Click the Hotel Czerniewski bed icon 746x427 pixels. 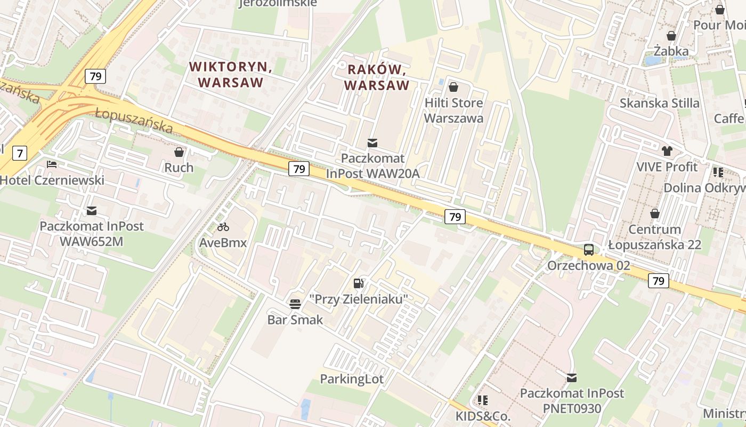[x=52, y=164]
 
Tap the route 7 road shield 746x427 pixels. [x=20, y=154]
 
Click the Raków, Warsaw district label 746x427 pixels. [x=377, y=77]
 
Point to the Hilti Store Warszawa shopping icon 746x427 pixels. [x=453, y=87]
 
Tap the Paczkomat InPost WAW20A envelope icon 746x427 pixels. [x=372, y=143]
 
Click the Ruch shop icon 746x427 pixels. [x=179, y=152]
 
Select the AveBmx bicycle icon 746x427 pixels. [x=223, y=227]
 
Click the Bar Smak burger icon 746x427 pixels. [x=295, y=304]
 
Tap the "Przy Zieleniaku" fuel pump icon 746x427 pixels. [x=359, y=283]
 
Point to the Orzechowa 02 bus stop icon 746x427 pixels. [x=589, y=249]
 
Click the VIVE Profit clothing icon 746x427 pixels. [x=667, y=151]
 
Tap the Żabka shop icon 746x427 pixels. [x=671, y=36]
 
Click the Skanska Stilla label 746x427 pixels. [x=659, y=103]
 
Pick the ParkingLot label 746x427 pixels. [x=352, y=379]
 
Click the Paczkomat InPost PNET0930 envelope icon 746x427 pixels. [x=572, y=378]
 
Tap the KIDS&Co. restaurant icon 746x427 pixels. [x=483, y=400]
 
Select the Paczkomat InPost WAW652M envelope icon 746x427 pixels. [x=92, y=211]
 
